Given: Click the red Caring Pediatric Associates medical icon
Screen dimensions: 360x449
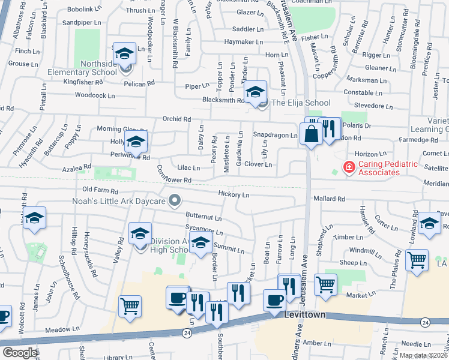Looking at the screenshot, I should pos(346,167).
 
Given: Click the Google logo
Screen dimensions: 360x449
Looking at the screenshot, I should pos(20,353).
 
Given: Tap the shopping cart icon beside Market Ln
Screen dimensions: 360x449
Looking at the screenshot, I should pos(325,284).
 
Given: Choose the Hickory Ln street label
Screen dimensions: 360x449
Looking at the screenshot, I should pos(234,195).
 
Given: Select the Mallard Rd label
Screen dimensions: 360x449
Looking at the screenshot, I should pos(328,199).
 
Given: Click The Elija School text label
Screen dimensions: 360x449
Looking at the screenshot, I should pos(301,103).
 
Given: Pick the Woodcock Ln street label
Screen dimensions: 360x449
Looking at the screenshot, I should pos(94,95).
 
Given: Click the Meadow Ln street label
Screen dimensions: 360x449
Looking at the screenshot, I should pos(62,329).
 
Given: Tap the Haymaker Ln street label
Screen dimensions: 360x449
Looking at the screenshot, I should pos(244,42).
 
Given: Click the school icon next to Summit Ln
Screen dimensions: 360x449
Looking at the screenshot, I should pos(201,242).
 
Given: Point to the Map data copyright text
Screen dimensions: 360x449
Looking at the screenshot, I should pos(423,355).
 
